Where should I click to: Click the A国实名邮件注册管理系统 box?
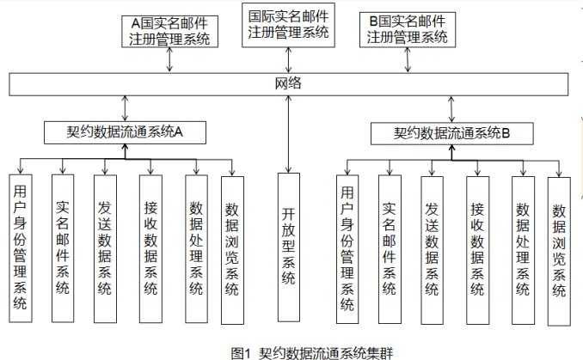(x=172, y=30)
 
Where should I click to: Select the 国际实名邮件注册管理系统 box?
(x=289, y=25)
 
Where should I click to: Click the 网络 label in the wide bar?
(x=289, y=84)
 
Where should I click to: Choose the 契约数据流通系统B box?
(x=451, y=133)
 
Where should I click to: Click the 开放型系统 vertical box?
(x=289, y=245)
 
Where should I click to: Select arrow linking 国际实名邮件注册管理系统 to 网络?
(x=289, y=60)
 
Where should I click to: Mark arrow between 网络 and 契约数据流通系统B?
(x=451, y=109)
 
